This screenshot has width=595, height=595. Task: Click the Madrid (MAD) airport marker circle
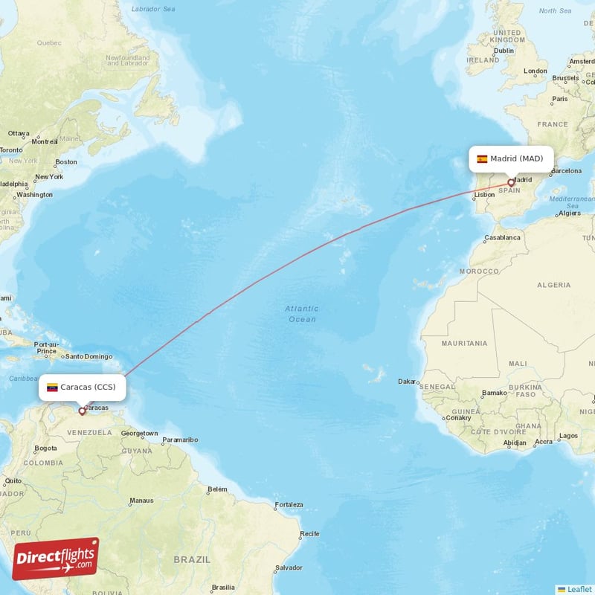pyautogui.click(x=510, y=182)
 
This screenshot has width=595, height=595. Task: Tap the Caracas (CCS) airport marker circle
pyautogui.click(x=82, y=411)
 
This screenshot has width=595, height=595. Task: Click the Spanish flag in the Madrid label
pyautogui.click(x=482, y=158)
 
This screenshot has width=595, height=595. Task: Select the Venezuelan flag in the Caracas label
pyautogui.click(x=52, y=387)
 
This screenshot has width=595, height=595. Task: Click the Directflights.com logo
pyautogui.click(x=56, y=559)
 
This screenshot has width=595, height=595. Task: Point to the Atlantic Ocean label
pyautogui.click(x=301, y=314)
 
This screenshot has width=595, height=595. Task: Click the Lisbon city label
pyautogui.click(x=484, y=195)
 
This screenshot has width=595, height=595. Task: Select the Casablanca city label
pyautogui.click(x=503, y=238)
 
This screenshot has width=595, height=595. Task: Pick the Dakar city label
pyautogui.click(x=407, y=382)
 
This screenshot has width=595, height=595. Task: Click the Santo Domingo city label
pyautogui.click(x=89, y=356)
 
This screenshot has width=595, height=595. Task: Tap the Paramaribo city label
pyautogui.click(x=180, y=440)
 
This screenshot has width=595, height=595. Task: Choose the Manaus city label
pyautogui.click(x=141, y=501)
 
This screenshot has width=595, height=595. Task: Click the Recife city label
pyautogui.click(x=309, y=534)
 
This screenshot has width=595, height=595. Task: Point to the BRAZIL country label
pyautogui.click(x=192, y=559)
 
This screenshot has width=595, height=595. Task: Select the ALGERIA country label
pyautogui.click(x=553, y=285)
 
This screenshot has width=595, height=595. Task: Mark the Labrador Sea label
pyautogui.click(x=152, y=9)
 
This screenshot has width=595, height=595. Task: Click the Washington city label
pyautogui.click(x=34, y=195)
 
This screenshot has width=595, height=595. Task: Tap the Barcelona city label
pyautogui.click(x=565, y=170)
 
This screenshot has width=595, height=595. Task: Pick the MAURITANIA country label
pyautogui.click(x=464, y=343)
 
